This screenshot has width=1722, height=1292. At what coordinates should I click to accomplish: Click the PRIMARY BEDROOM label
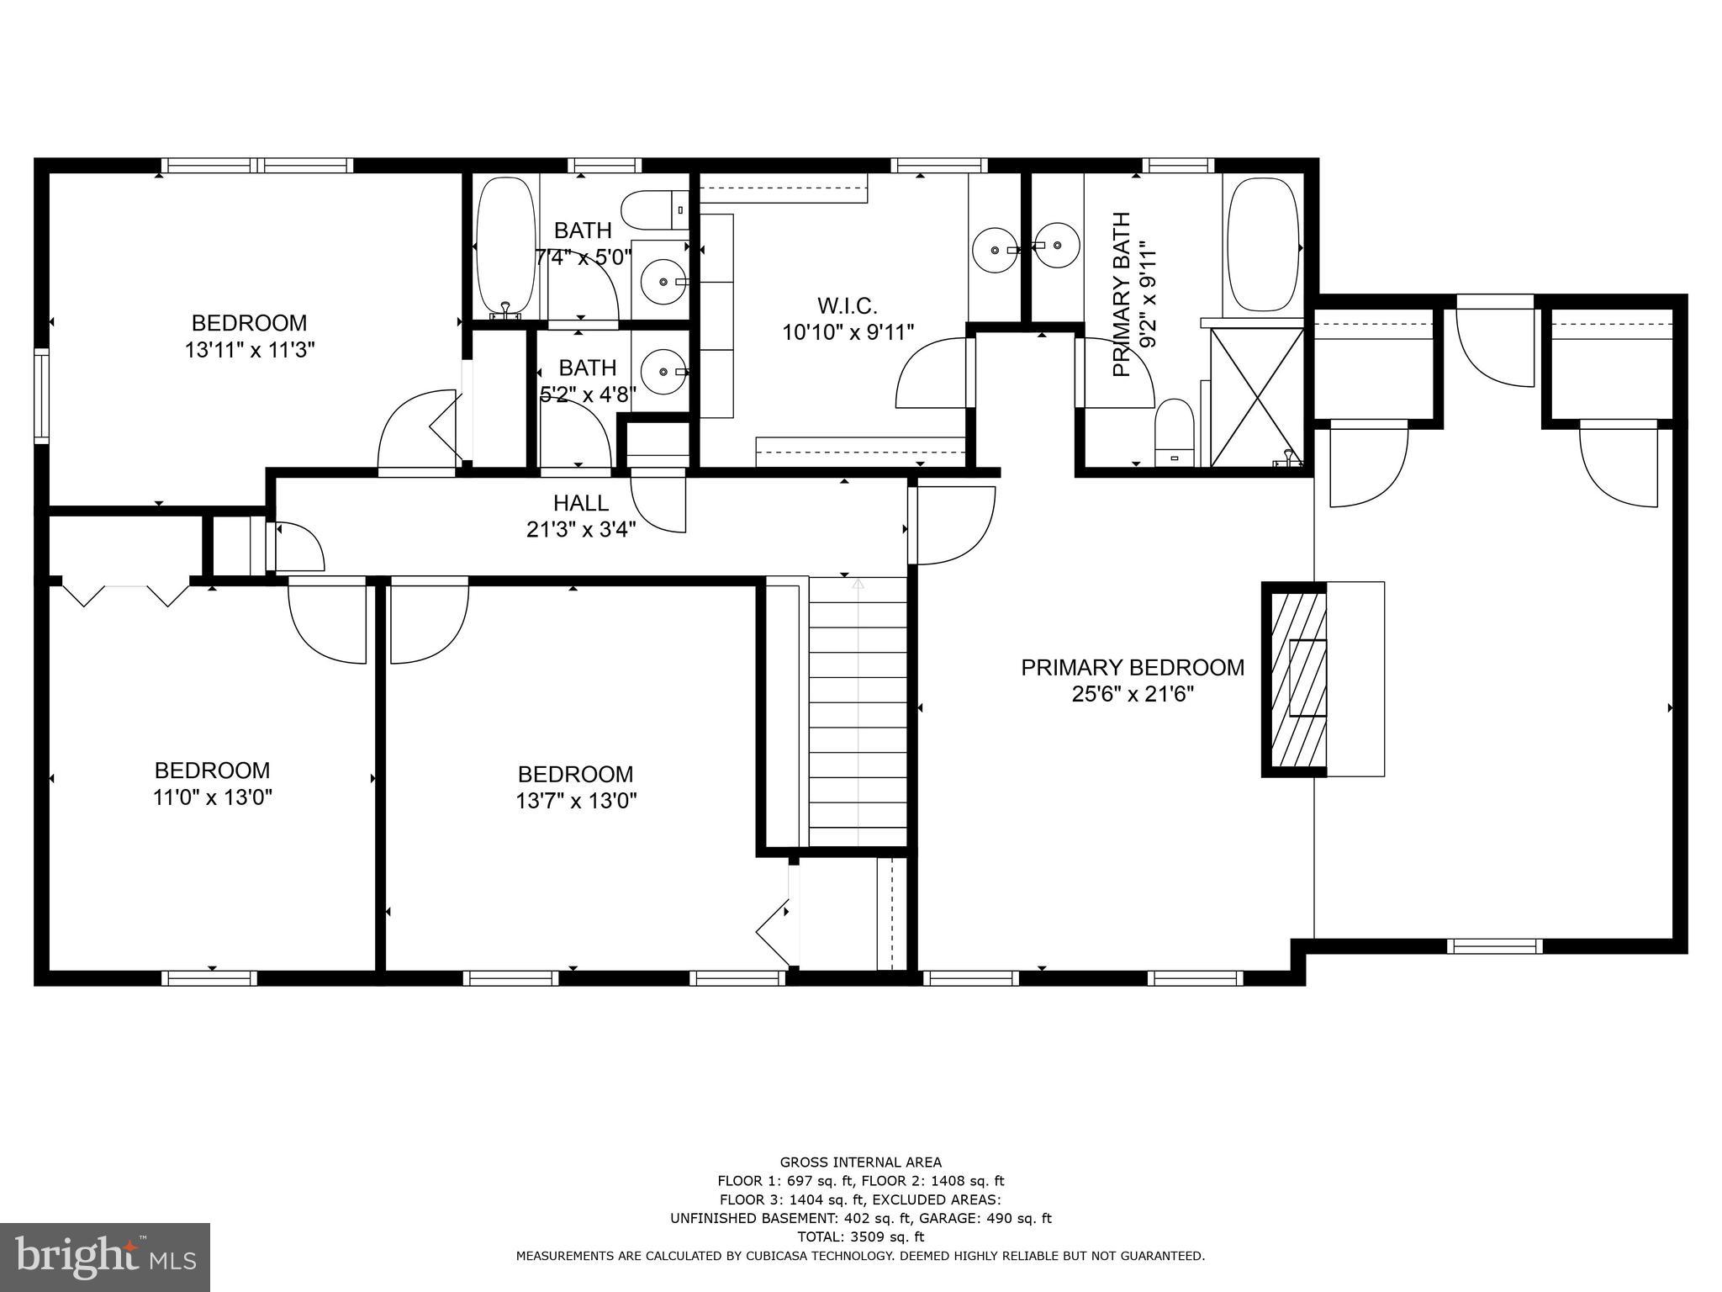pos(1132,667)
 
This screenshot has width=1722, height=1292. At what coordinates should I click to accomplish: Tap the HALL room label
pos(580,503)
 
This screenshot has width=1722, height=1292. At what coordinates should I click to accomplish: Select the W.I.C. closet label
pos(847,304)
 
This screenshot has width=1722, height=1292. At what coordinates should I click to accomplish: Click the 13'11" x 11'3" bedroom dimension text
pos(250,350)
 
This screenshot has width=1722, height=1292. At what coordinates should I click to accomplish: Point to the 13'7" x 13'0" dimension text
pos(576,801)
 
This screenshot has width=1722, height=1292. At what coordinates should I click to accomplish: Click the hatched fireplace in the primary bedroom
pos(1295,678)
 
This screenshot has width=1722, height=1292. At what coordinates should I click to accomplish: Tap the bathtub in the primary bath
pos(1263,245)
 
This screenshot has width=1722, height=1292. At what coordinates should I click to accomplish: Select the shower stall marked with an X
pos(1256,396)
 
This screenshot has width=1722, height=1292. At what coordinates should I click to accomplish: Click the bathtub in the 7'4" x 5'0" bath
pos(505,246)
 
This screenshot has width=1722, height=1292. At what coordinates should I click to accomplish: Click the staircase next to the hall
pos(858,712)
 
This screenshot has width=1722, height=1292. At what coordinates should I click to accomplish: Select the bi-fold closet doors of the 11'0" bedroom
pos(126,594)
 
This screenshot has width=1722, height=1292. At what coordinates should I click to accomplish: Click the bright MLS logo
pos(105,1257)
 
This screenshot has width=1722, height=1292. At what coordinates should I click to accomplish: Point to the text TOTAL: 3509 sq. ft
pos(860,1236)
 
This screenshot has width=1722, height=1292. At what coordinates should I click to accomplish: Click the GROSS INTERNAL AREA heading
pos(860,1162)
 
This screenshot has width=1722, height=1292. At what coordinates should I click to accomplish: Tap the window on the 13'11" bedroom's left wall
pos(41,395)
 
